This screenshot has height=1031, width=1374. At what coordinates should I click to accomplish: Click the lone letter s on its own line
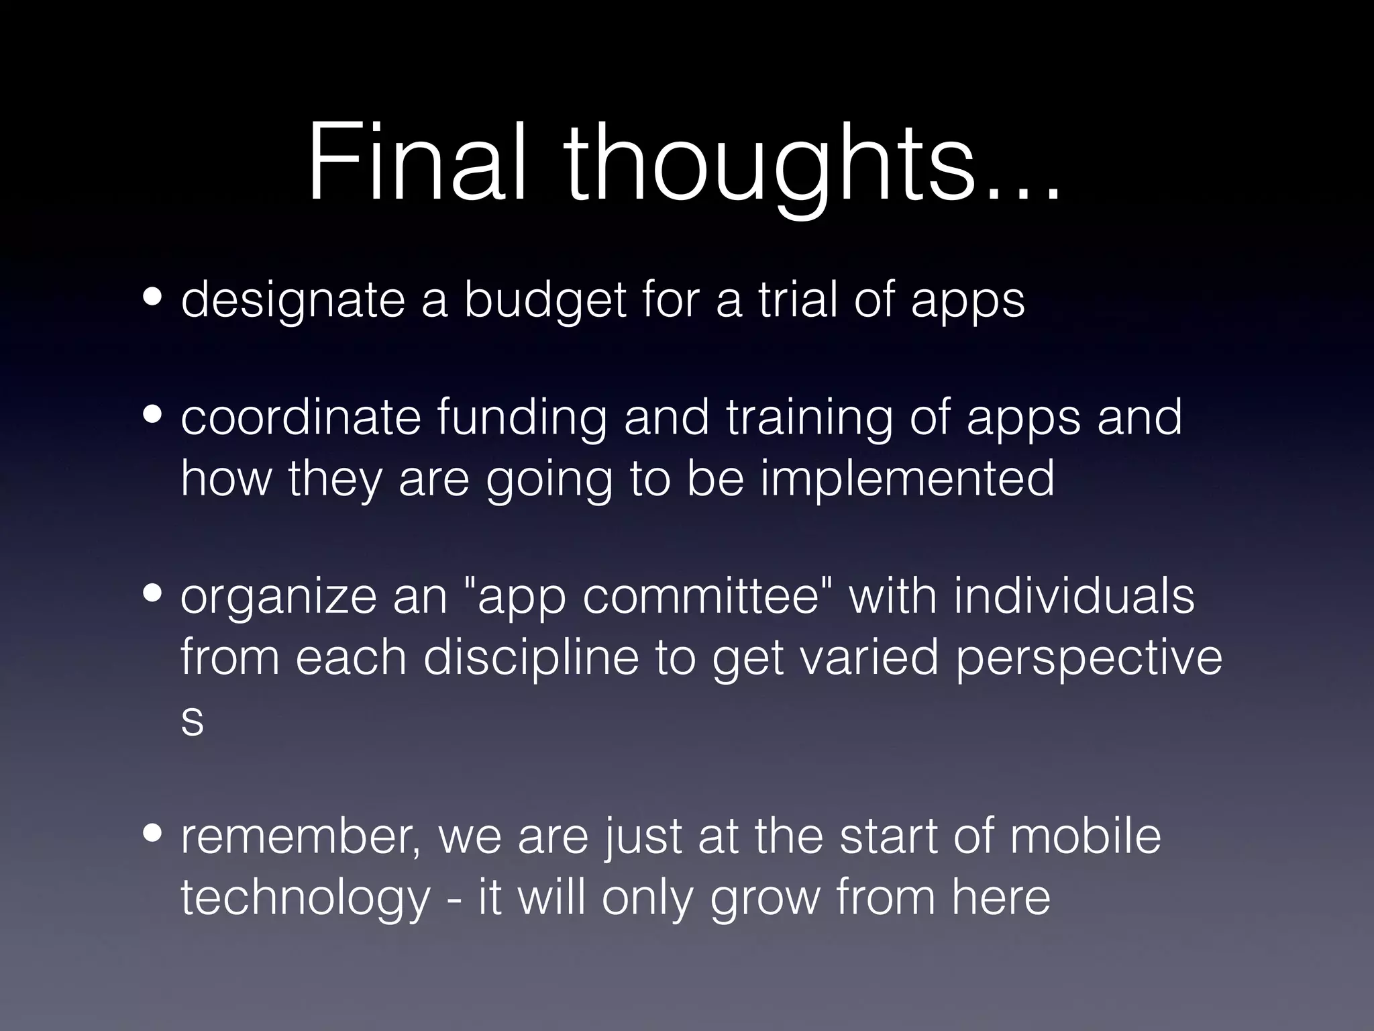tap(192, 721)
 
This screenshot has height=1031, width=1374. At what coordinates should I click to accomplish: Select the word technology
tap(305, 899)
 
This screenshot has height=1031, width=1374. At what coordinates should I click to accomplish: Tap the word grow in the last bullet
tap(765, 899)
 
